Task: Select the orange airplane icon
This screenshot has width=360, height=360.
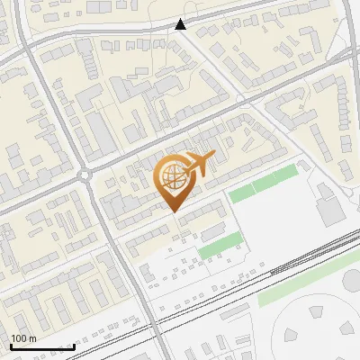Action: pos(200,164)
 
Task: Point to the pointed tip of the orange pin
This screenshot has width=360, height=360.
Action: pos(173,211)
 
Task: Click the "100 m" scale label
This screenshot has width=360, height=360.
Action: pos(24,338)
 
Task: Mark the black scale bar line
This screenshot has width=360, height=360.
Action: pos(41,346)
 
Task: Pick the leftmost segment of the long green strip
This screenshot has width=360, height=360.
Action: pos(240,193)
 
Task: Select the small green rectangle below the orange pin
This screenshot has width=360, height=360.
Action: pos(221,243)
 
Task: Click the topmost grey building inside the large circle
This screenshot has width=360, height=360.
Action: pos(317,311)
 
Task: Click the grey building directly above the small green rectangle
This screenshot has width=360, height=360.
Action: pos(214,231)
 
